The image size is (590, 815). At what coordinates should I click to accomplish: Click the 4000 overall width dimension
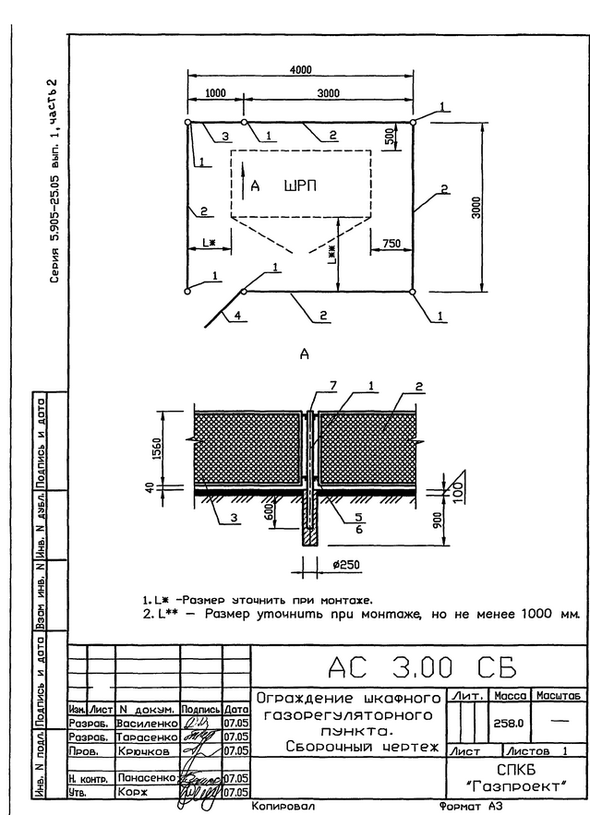point(300,70)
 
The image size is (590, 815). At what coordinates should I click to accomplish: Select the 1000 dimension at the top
point(215,93)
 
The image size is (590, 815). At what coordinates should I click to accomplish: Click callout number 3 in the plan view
point(224,137)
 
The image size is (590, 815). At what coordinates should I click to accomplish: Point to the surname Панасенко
point(147,779)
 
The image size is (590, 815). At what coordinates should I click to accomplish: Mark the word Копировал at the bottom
point(283,805)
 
